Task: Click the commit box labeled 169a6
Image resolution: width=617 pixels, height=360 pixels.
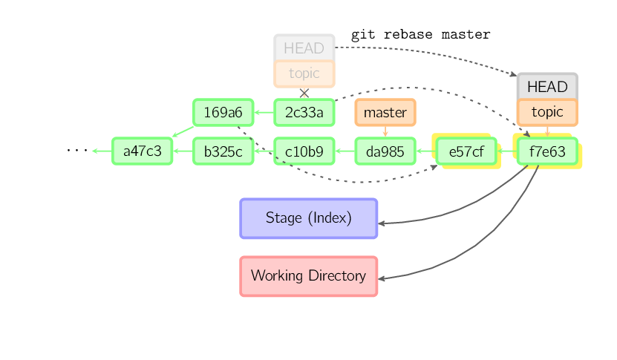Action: coord(223,113)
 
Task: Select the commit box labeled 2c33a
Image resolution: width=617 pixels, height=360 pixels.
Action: coord(304,113)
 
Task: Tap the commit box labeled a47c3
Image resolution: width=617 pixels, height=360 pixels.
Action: coord(142,151)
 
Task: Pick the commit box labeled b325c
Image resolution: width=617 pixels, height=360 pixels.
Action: coord(223,151)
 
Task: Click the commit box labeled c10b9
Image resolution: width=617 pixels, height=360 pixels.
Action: coord(304,151)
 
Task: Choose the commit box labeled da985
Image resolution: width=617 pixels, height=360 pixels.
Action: coord(385,151)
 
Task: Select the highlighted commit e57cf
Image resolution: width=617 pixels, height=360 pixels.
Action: coord(466,151)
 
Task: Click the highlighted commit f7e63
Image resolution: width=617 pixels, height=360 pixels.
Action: coord(546,151)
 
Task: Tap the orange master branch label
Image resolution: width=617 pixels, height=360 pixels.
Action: coord(385,113)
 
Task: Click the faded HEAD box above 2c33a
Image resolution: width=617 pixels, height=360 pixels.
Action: coord(304,48)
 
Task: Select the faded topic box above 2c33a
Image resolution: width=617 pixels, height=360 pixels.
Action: coord(304,73)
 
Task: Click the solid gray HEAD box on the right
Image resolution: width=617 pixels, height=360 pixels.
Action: coord(546,87)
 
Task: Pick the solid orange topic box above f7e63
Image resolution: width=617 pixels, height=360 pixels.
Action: coord(546,112)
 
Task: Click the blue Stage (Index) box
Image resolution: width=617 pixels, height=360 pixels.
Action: coord(308,218)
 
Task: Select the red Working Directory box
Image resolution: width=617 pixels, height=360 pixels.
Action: coord(308,276)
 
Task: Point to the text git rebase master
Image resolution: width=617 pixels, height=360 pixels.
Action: coord(420,34)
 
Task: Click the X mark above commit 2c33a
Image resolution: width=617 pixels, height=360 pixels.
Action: coord(304,93)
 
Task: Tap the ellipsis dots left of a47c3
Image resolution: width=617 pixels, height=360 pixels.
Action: coord(76,151)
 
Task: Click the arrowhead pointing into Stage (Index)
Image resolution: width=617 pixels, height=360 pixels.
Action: coord(382,223)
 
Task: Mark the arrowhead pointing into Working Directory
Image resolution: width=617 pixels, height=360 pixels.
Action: coord(382,279)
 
